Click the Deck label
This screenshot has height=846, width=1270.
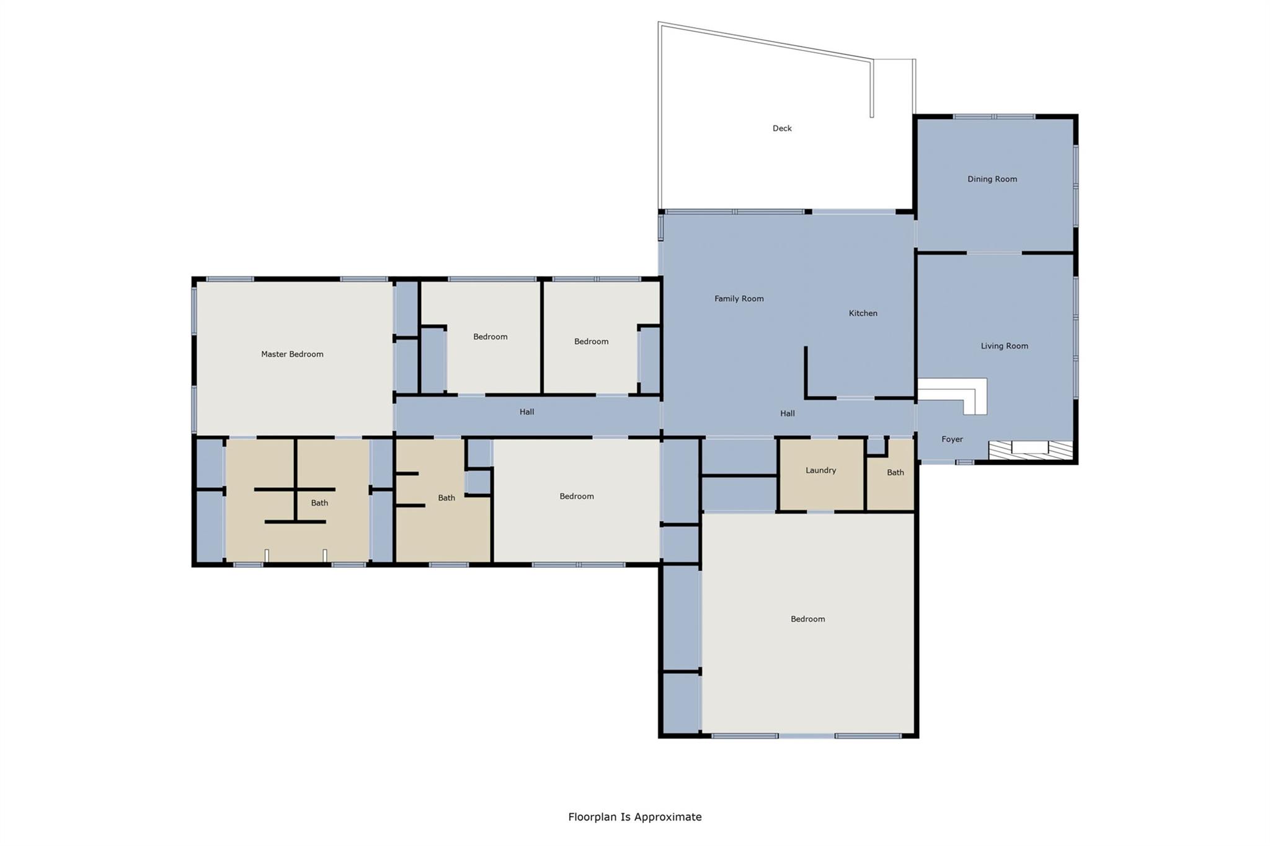pos(782,128)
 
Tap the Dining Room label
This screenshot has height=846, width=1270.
pos(992,179)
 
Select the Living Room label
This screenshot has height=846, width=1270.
pos(1004,346)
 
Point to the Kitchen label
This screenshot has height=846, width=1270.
pos(863,313)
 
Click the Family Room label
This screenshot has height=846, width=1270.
pos(739,298)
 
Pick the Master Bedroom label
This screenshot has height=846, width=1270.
pos(292,354)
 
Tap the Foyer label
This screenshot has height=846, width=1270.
pos(952,439)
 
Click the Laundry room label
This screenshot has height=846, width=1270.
pos(820,470)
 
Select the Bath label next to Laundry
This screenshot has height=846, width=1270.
pos(895,472)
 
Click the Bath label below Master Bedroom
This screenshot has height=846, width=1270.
pos(319,503)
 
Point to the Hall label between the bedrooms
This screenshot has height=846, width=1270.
pos(526,412)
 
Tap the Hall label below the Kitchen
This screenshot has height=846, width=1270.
pos(787,413)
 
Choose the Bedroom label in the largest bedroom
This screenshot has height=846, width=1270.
pos(807,619)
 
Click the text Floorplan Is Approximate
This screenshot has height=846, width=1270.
pos(634,817)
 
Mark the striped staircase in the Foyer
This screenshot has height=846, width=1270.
pos(1030,450)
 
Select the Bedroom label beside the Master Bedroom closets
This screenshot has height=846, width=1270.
pos(490,337)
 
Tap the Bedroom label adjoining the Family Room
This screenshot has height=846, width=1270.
pos(591,341)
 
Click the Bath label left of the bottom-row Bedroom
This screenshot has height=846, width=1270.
pos(446,498)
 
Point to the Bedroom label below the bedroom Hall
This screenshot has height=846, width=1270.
pos(576,496)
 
